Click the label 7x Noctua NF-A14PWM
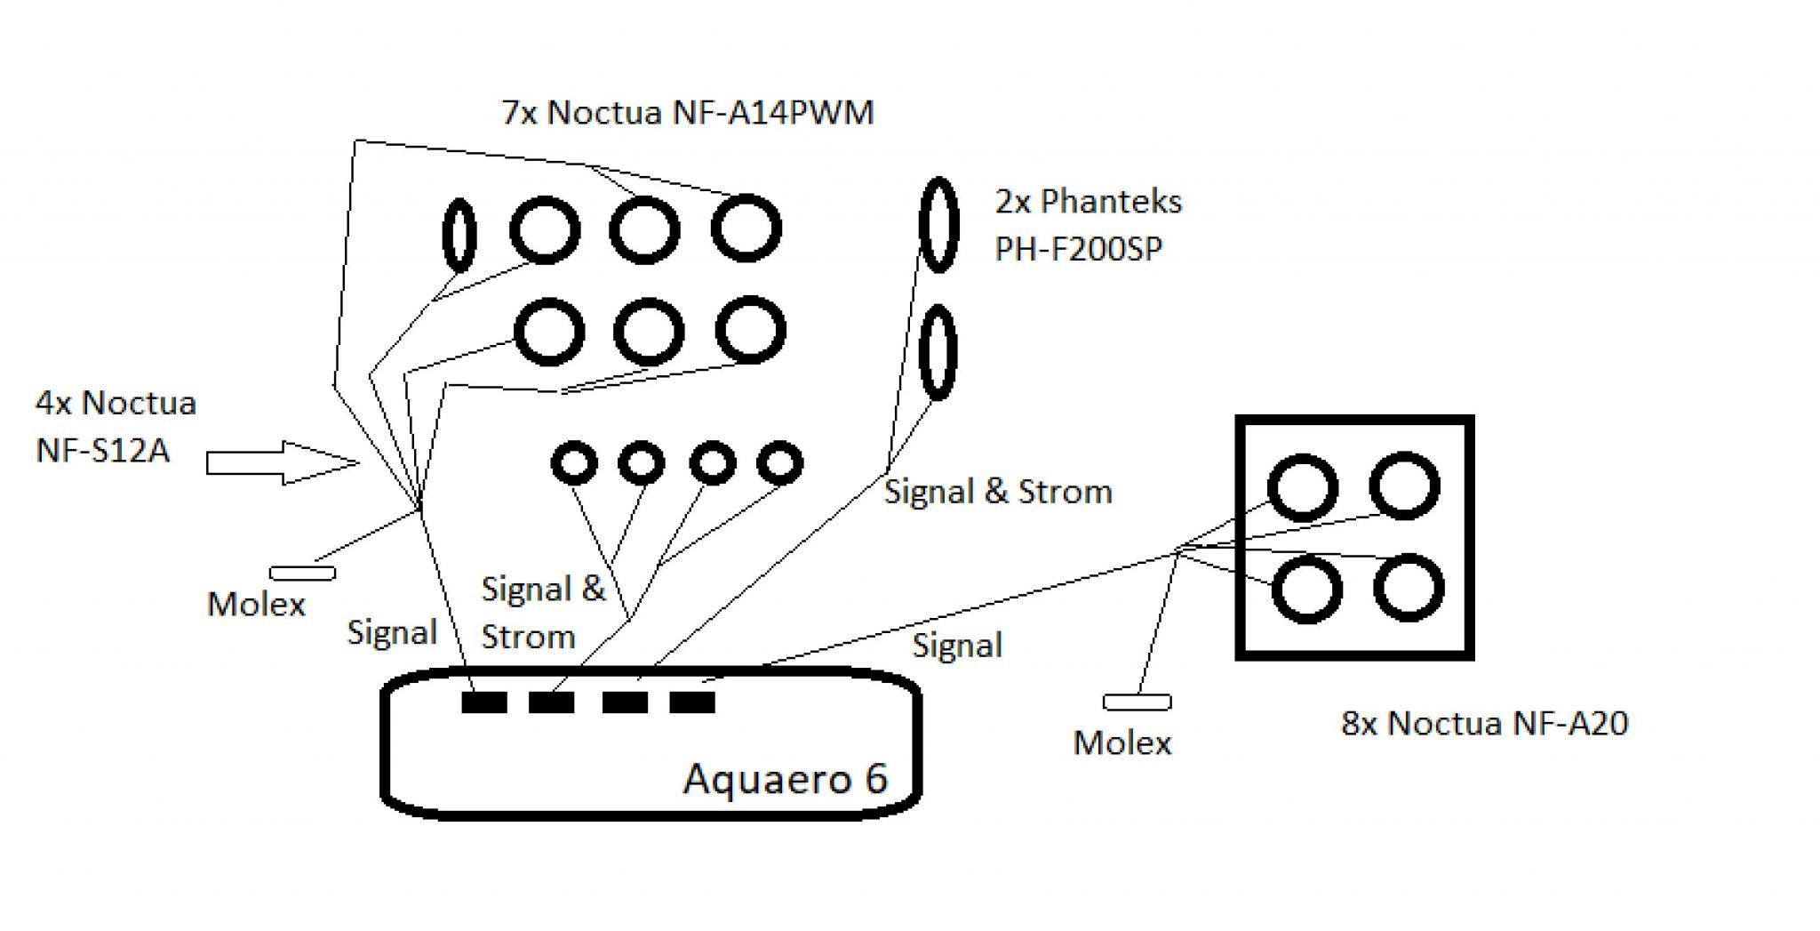(x=688, y=113)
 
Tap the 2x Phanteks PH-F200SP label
(x=1089, y=225)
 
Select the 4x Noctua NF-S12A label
(x=116, y=426)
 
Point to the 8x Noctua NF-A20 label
(x=1484, y=723)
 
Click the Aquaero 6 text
(x=786, y=779)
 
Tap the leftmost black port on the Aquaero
(x=484, y=702)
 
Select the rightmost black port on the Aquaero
(x=692, y=702)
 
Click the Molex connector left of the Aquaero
(x=303, y=574)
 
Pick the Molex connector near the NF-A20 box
(x=1137, y=702)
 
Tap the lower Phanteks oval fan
(x=937, y=352)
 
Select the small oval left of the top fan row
(x=459, y=235)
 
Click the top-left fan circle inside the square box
(x=1302, y=487)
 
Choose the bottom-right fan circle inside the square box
(x=1409, y=588)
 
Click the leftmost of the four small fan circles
(x=574, y=463)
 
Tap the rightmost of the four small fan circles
(x=779, y=462)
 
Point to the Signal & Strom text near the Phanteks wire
(x=998, y=491)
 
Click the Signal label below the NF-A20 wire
(x=957, y=646)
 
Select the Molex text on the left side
(x=256, y=605)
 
